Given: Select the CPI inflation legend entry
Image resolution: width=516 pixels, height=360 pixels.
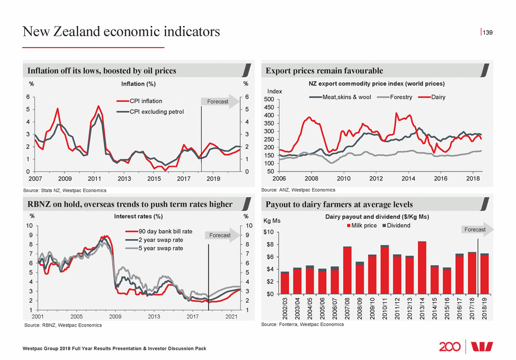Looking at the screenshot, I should pyautogui.click(x=146, y=101).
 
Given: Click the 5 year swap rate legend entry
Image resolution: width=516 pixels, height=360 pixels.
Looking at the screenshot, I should pyautogui.click(x=161, y=248).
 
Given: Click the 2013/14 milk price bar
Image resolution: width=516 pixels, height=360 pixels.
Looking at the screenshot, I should pyautogui.click(x=422, y=269).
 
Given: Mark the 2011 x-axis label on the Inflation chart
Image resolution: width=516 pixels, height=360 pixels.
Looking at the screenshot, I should pyautogui.click(x=95, y=179).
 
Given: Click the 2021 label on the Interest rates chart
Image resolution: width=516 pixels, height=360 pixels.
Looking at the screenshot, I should pyautogui.click(x=231, y=316).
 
